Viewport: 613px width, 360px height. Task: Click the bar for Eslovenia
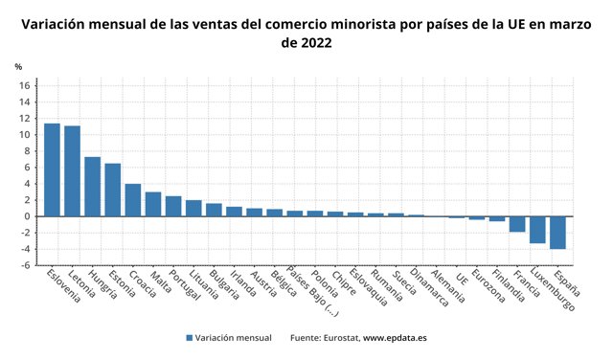52,169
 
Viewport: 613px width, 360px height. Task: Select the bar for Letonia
72,170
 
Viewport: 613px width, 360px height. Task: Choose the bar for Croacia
133,200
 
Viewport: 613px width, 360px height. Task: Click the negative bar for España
557,233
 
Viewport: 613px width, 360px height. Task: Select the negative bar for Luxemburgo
537,230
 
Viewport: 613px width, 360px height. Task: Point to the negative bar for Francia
517,224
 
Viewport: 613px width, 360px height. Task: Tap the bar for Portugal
173,206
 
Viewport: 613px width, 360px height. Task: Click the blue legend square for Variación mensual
190,338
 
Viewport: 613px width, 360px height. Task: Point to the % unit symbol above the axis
17,67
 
